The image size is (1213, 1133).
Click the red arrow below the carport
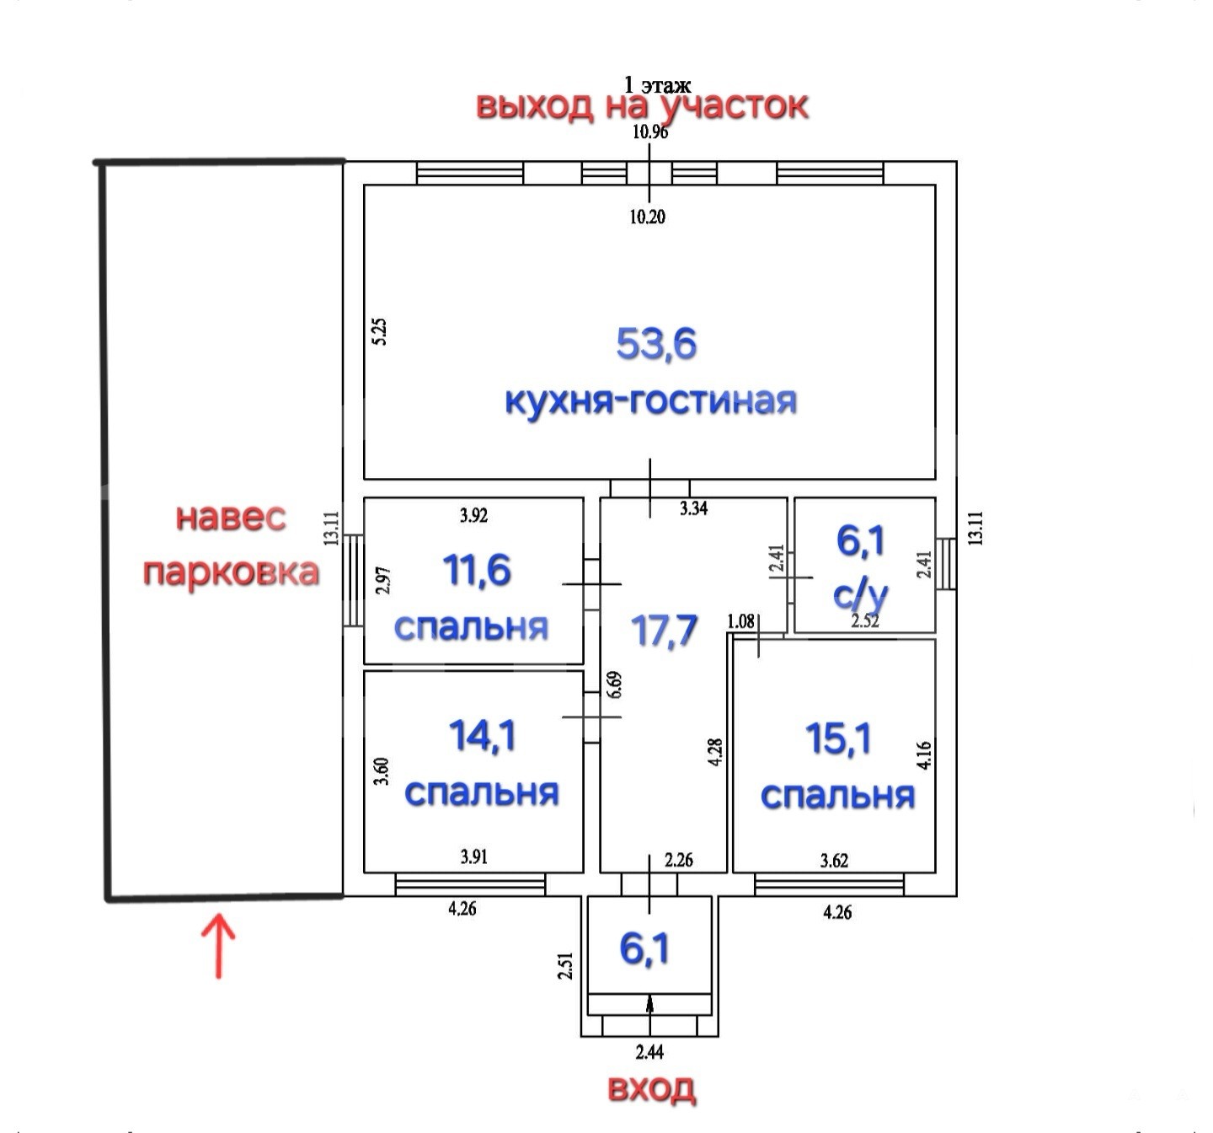pyautogui.click(x=218, y=945)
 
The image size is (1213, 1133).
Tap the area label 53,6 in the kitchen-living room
pyautogui.click(x=656, y=344)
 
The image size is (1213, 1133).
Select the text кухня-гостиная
pyautogui.click(x=651, y=400)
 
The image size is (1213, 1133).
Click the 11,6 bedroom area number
pyautogui.click(x=477, y=571)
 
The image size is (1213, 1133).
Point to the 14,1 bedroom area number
pyautogui.click(x=483, y=735)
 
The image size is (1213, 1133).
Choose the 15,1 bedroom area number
pyautogui.click(x=838, y=738)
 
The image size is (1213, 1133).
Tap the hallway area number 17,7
pyautogui.click(x=664, y=631)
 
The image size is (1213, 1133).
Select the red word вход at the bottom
pyautogui.click(x=651, y=1088)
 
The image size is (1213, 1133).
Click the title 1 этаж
pyautogui.click(x=657, y=84)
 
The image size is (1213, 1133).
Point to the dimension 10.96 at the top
pyautogui.click(x=649, y=132)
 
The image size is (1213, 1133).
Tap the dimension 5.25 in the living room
pyautogui.click(x=379, y=331)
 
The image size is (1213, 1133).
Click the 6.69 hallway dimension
pyautogui.click(x=614, y=685)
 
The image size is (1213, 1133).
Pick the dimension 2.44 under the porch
pyautogui.click(x=649, y=1052)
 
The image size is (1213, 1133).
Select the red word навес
pyautogui.click(x=231, y=518)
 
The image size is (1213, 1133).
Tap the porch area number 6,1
pyautogui.click(x=644, y=949)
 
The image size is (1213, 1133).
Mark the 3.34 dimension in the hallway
pyautogui.click(x=694, y=508)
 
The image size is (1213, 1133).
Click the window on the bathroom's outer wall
pyautogui.click(x=946, y=563)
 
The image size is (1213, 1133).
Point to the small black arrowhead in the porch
pyautogui.click(x=649, y=1003)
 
